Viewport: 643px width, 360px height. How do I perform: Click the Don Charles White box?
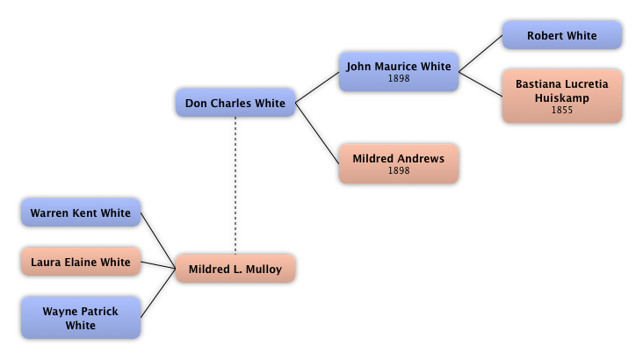(235, 103)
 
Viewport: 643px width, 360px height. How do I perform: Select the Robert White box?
(562, 35)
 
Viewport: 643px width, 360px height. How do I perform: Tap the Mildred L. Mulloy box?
(235, 269)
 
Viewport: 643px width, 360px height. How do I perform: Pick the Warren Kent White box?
(81, 212)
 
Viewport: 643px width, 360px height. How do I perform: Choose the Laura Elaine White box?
(81, 262)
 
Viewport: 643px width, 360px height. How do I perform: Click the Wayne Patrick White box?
(81, 318)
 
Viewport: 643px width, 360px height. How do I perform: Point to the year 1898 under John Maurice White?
(399, 78)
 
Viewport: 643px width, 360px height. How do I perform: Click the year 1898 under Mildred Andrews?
(399, 170)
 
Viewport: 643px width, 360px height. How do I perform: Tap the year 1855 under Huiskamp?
(562, 110)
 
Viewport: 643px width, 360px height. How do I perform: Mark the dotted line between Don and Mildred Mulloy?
(235, 186)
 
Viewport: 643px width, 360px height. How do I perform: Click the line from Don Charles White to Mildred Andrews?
(317, 133)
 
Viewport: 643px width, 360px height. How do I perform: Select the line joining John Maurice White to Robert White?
(480, 54)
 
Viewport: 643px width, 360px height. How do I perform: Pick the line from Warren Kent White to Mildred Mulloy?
(158, 241)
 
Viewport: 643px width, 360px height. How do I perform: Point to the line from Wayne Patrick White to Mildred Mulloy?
(158, 293)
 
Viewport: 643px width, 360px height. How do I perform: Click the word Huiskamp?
(562, 98)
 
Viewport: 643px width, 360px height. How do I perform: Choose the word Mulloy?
(264, 270)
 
